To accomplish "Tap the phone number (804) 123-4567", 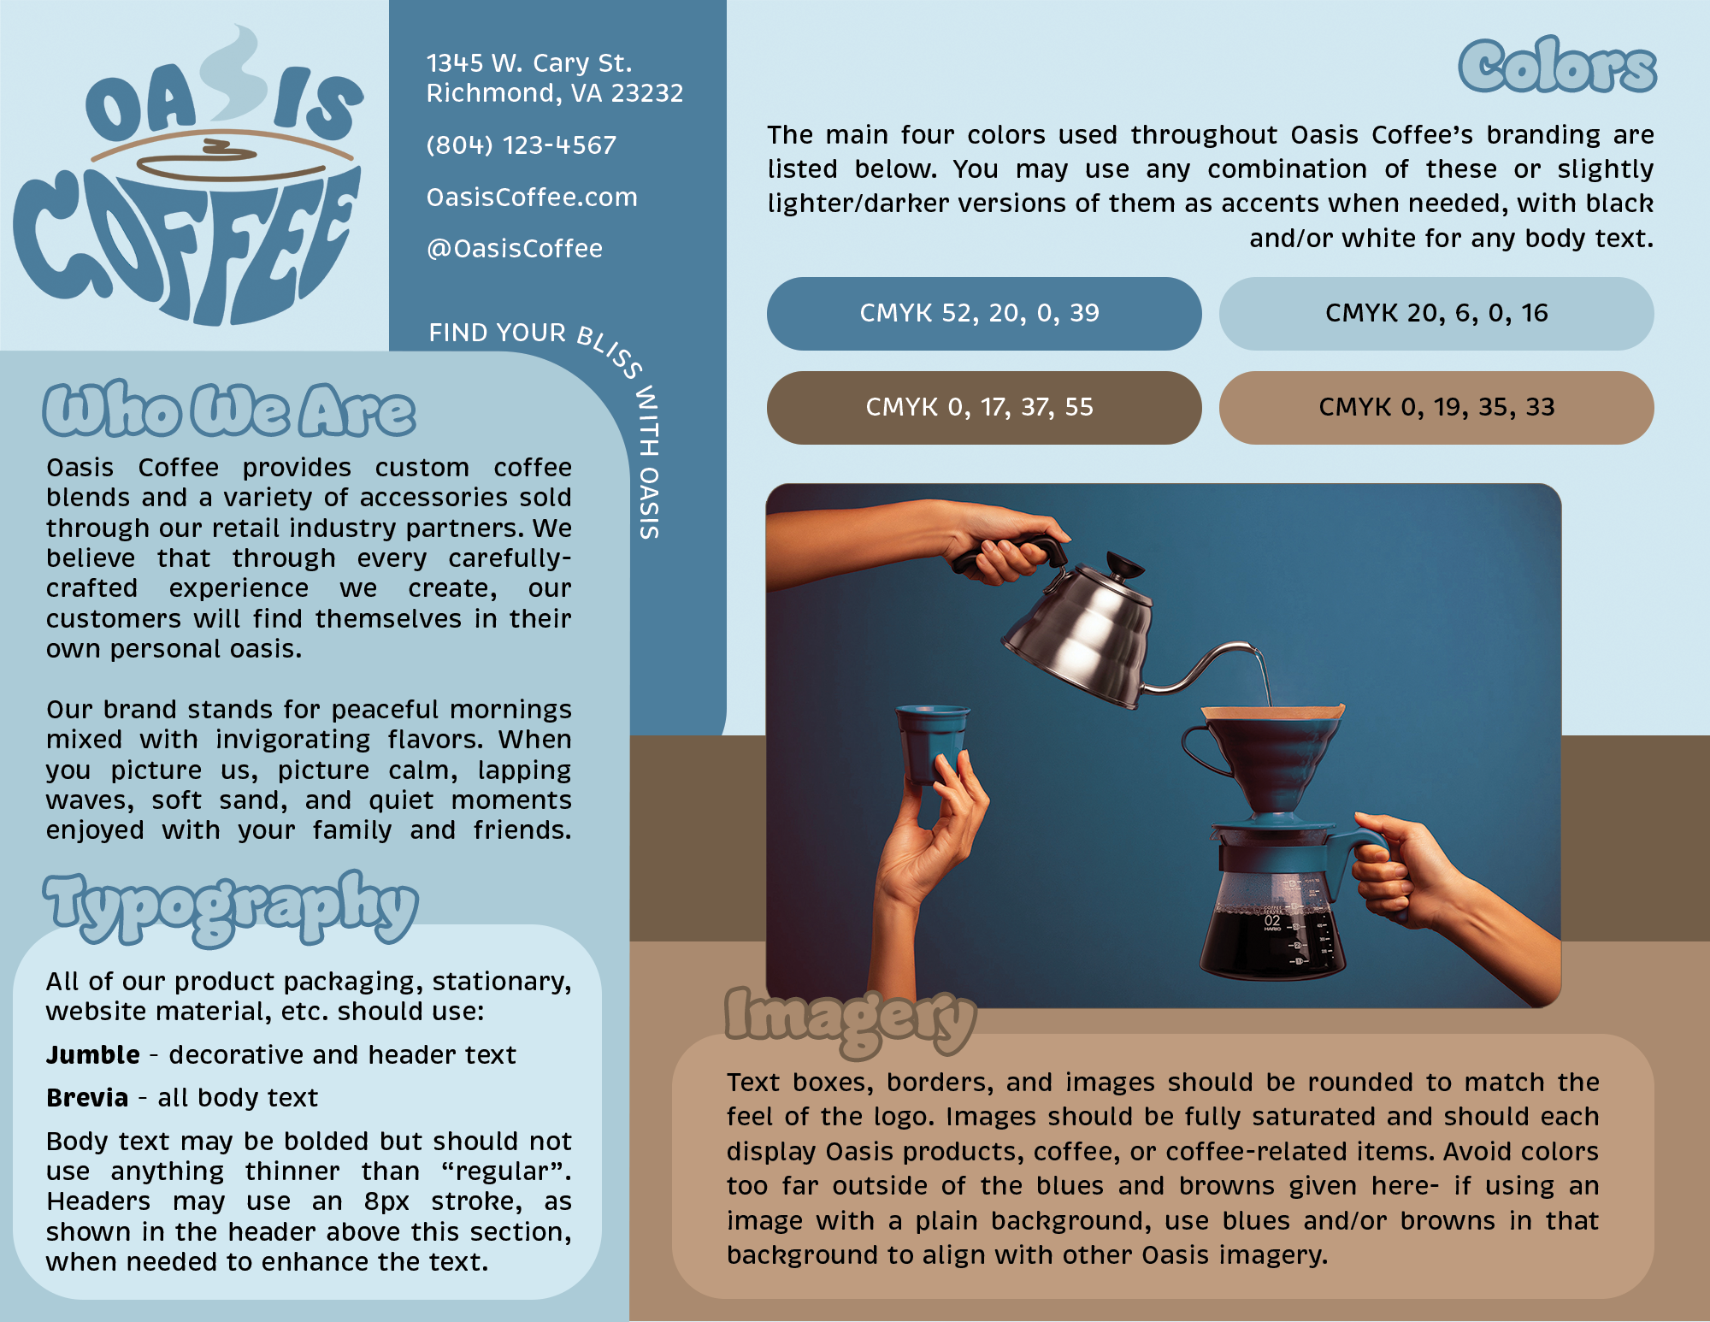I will (x=521, y=145).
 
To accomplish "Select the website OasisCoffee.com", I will (x=532, y=198).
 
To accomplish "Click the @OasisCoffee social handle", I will (x=514, y=249).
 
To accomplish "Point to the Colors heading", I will (x=1557, y=67).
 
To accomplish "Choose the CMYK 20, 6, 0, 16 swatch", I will (x=1436, y=313).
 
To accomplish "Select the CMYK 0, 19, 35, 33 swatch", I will (x=1436, y=407).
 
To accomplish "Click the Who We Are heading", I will (x=229, y=410).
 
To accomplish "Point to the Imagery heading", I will (x=850, y=1018).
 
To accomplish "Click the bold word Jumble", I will (x=93, y=1055).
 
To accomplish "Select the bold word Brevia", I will (x=87, y=1098).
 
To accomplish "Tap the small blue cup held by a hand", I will (x=932, y=740).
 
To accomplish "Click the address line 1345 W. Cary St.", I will (x=528, y=63).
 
